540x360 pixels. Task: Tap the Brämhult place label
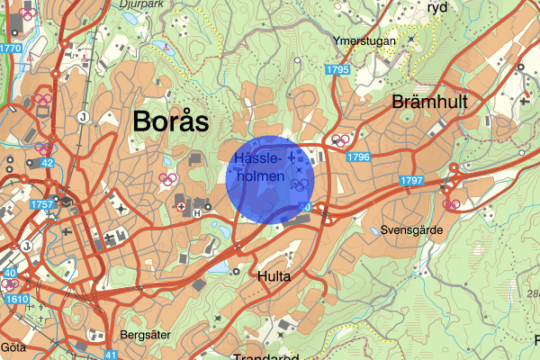pos(429,103)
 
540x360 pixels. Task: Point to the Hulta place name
pos(274,276)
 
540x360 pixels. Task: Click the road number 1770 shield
pos(11,48)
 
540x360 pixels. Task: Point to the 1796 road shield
pos(357,157)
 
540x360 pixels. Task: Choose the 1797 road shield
pos(412,181)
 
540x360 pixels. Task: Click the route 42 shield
pos(46,163)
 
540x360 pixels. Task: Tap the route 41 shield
pos(111,355)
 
